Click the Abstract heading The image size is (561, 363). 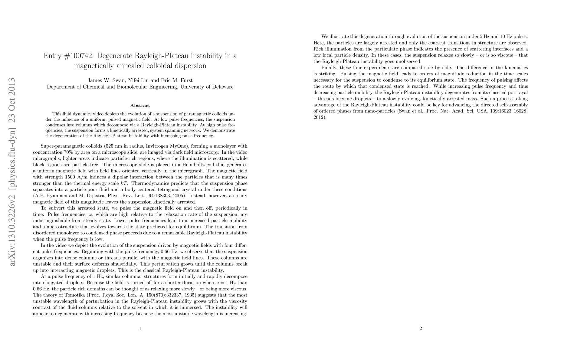140,106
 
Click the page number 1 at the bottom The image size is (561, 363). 140,329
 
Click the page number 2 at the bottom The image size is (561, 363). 421,329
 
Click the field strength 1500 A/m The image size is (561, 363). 73,177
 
